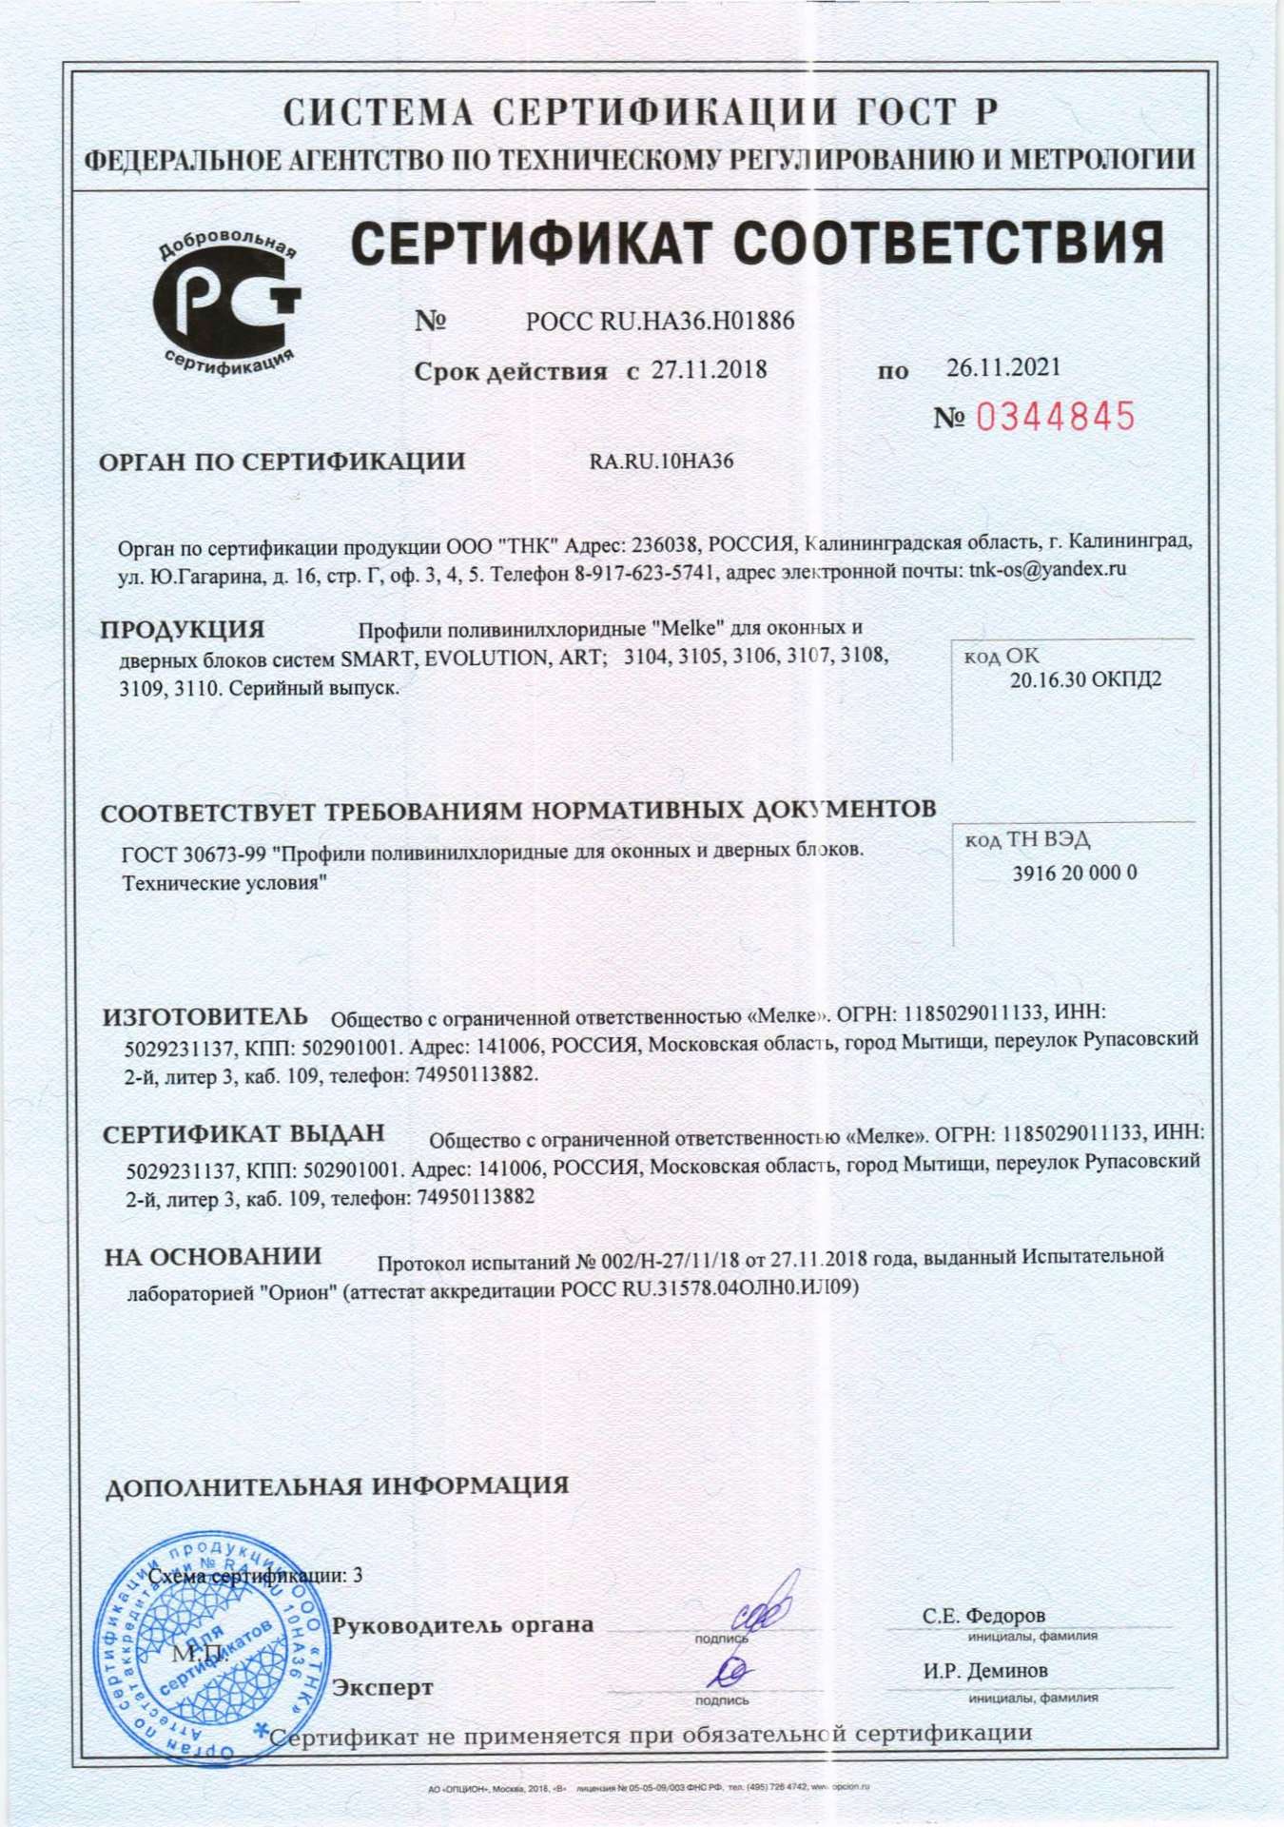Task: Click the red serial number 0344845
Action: click(x=1057, y=417)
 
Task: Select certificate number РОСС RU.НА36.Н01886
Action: click(x=660, y=321)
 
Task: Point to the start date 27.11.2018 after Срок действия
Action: click(x=709, y=370)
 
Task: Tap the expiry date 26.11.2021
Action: click(x=1002, y=367)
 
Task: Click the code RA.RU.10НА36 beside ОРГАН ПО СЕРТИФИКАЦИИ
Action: click(x=662, y=462)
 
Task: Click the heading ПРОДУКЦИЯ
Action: click(x=183, y=629)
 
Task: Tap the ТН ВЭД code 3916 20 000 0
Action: click(x=1074, y=873)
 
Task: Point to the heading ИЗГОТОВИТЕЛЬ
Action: click(x=205, y=1016)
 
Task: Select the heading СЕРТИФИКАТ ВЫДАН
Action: click(x=243, y=1133)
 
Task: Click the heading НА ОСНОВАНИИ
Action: click(x=213, y=1256)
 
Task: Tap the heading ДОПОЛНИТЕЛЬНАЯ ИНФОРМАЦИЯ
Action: click(x=337, y=1485)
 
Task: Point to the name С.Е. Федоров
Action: click(x=983, y=1616)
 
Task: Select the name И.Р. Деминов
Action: click(x=985, y=1671)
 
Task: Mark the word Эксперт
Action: click(x=382, y=1687)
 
